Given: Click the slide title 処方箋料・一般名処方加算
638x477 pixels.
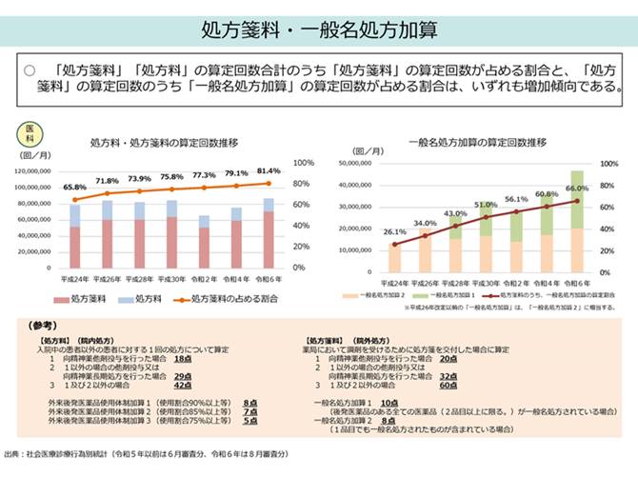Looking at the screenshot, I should [x=318, y=27].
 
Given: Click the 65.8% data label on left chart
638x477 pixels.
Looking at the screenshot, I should [x=75, y=188].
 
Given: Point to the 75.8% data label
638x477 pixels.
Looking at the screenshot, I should [x=171, y=177].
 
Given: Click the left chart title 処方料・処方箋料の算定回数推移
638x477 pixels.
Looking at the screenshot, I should [x=163, y=142].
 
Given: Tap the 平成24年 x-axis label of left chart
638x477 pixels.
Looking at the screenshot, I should [x=75, y=280].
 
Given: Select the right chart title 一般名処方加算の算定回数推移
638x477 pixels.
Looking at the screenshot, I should [x=476, y=142].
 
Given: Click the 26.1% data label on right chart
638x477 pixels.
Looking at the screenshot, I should [x=394, y=231].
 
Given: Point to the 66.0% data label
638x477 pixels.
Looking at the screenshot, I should [x=577, y=189].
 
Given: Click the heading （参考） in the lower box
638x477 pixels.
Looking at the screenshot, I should [x=45, y=325].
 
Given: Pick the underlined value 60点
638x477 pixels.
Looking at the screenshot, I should [x=450, y=386].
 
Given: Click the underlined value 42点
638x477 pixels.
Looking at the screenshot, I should [x=184, y=386].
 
